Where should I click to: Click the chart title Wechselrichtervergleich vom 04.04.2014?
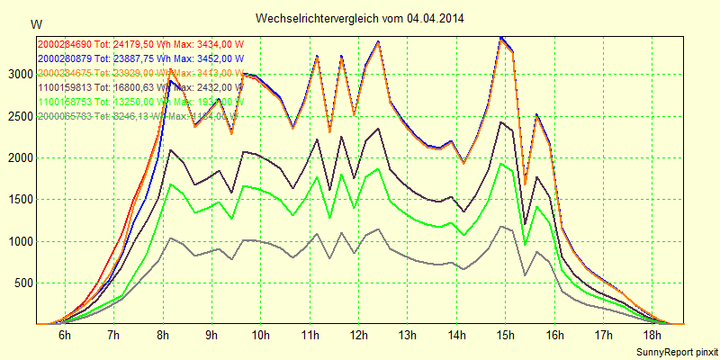(x=360, y=18)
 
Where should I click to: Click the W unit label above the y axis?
(x=35, y=23)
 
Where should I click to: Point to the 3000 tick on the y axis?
(x=18, y=74)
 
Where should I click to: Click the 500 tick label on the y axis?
(x=22, y=283)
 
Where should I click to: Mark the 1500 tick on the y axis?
(x=18, y=200)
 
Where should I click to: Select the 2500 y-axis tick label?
(x=18, y=116)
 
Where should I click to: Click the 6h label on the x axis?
(x=65, y=335)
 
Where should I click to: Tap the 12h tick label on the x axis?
(x=358, y=335)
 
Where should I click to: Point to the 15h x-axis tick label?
(x=505, y=335)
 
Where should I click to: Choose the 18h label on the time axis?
(x=652, y=335)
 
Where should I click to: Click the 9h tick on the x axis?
(x=211, y=335)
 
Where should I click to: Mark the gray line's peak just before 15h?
(x=500, y=227)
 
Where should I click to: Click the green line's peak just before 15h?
(x=500, y=164)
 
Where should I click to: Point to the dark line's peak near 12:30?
(x=378, y=129)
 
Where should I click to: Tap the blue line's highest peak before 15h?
(x=500, y=37)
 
